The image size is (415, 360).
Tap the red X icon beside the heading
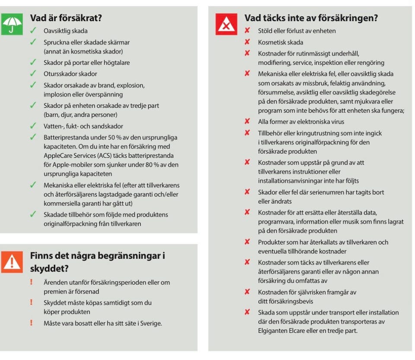click(226, 24)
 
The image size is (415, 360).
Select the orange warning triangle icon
click(12, 261)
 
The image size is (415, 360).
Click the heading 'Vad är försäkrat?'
click(66, 18)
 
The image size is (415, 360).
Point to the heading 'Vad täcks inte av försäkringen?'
click(311, 18)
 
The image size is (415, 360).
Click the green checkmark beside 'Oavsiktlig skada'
click(33, 31)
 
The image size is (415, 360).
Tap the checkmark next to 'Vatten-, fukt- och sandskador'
click(33, 126)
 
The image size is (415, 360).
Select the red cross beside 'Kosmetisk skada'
click(247, 42)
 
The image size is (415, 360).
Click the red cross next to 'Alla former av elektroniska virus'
click(247, 122)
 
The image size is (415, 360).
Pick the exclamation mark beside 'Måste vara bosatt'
click(31, 323)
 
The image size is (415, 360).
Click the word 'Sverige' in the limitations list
click(151, 323)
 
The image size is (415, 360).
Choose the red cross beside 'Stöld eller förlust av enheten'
click(247, 31)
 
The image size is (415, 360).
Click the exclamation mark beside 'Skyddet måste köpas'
click(31, 302)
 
